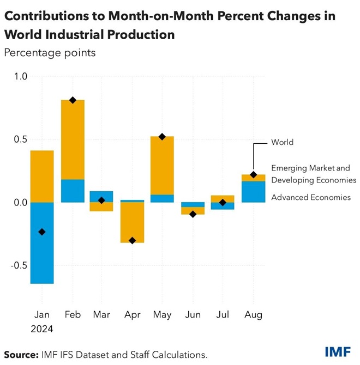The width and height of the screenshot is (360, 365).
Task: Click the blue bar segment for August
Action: point(253,192)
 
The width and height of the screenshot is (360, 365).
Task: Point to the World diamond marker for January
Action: point(42,232)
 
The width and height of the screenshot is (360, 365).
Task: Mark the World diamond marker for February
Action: point(73,100)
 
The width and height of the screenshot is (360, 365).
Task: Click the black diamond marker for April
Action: point(131,240)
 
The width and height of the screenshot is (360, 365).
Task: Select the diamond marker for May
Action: point(162,137)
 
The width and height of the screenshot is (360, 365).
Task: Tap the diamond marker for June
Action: point(193,214)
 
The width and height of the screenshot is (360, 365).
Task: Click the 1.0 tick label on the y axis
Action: point(21,77)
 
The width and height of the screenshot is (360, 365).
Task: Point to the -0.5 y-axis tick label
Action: point(19,265)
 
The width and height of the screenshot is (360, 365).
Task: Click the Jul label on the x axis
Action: point(223,315)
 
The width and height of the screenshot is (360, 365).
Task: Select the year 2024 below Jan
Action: point(42,330)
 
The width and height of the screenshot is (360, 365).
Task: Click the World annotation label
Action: point(282,142)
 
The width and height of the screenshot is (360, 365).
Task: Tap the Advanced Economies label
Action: point(310,197)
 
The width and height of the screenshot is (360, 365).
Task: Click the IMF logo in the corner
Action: point(338,351)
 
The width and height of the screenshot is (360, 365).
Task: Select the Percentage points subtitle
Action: point(50,53)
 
